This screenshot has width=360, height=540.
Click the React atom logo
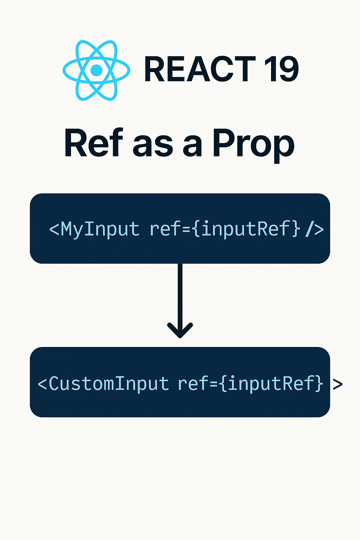(96, 70)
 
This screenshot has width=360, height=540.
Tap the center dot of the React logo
(96, 70)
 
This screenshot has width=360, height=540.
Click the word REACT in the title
(199, 70)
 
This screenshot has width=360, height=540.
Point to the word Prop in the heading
(253, 144)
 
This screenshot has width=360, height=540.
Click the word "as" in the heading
(153, 146)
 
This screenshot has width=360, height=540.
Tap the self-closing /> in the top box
(314, 229)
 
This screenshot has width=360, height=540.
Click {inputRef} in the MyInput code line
(246, 229)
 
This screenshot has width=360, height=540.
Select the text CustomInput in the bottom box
(109, 384)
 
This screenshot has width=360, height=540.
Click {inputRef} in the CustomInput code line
(270, 384)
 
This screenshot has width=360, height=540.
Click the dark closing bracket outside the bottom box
(337, 384)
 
